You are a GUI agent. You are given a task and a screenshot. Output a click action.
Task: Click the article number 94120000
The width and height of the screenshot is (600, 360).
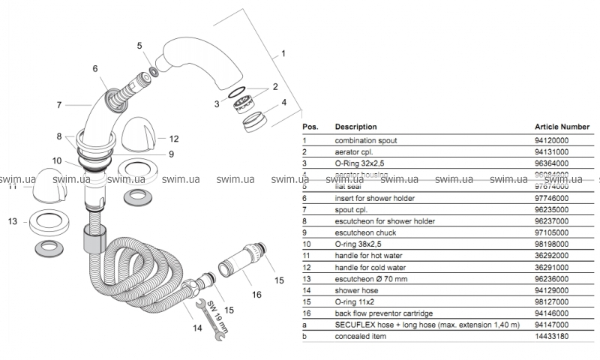coord(552,139)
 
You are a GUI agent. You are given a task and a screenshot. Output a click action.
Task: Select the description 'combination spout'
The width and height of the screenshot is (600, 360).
coord(366,139)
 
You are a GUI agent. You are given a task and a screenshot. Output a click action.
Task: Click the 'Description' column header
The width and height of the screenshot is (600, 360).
coord(355,127)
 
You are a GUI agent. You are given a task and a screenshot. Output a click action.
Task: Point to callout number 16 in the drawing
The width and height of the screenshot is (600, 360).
coord(256,295)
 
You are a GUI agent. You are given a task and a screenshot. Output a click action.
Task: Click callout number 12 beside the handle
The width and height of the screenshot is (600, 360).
coord(173,139)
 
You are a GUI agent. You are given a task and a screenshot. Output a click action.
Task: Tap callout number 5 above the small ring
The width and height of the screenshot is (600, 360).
coord(139,46)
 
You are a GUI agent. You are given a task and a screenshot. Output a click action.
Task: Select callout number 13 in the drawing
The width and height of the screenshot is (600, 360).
coord(12,222)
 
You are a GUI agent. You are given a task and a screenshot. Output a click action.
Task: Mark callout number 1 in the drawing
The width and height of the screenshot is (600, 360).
coord(283,54)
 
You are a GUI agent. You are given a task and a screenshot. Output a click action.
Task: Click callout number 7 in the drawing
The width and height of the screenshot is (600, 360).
coord(59,105)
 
